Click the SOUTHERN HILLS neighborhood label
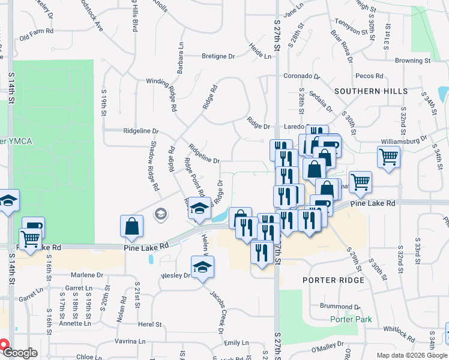371,91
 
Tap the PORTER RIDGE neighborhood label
333,280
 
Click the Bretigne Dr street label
218,56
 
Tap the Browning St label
413,61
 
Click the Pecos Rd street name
369,76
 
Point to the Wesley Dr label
175,276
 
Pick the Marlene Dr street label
87,275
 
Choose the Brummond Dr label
339,306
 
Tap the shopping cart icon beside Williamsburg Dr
388,157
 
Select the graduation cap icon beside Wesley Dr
203,266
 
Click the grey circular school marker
161,213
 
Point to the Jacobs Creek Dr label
216,312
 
